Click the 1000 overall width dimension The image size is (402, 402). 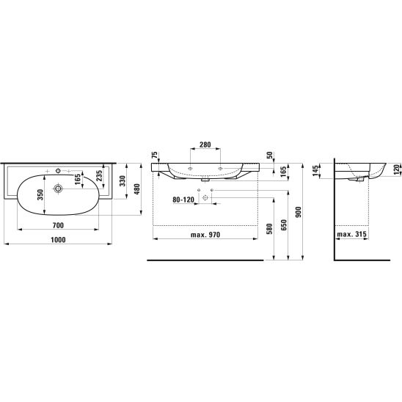(58, 240)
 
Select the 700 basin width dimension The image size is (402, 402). (58, 225)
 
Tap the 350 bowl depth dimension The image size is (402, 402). (40, 194)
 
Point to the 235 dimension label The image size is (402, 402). (99, 175)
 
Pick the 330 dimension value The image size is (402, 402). (123, 181)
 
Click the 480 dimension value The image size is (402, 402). (137, 189)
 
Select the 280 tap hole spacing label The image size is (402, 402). (205, 145)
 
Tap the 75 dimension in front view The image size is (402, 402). (154, 155)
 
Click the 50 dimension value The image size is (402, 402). (269, 155)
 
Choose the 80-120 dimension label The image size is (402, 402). (183, 200)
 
